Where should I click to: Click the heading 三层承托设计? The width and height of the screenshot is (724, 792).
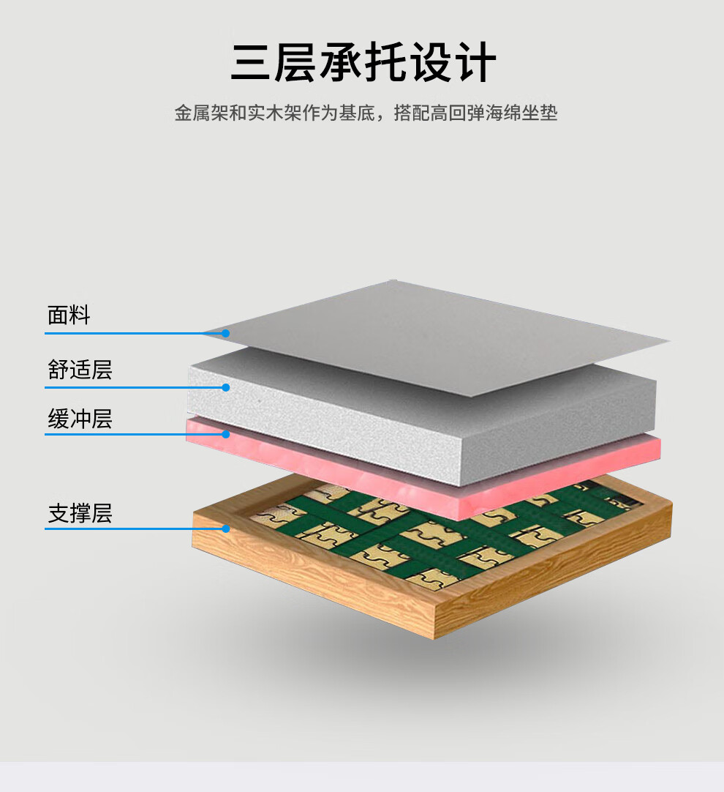pos(363,63)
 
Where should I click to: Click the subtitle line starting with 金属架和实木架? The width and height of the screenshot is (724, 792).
pos(366,113)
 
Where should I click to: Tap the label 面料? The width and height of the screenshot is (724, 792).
pos(69,315)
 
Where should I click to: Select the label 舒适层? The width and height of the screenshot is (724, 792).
pos(80,370)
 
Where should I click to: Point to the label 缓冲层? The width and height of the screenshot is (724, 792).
pos(80,419)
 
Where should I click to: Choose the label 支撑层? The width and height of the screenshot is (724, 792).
pos(80,514)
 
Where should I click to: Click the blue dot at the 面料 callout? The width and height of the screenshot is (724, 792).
pos(226,333)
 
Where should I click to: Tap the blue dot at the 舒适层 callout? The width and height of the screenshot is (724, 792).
pos(226,387)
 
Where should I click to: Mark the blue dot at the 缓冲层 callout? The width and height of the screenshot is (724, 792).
pos(226,434)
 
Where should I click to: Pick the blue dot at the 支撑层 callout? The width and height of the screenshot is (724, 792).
pos(226,528)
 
